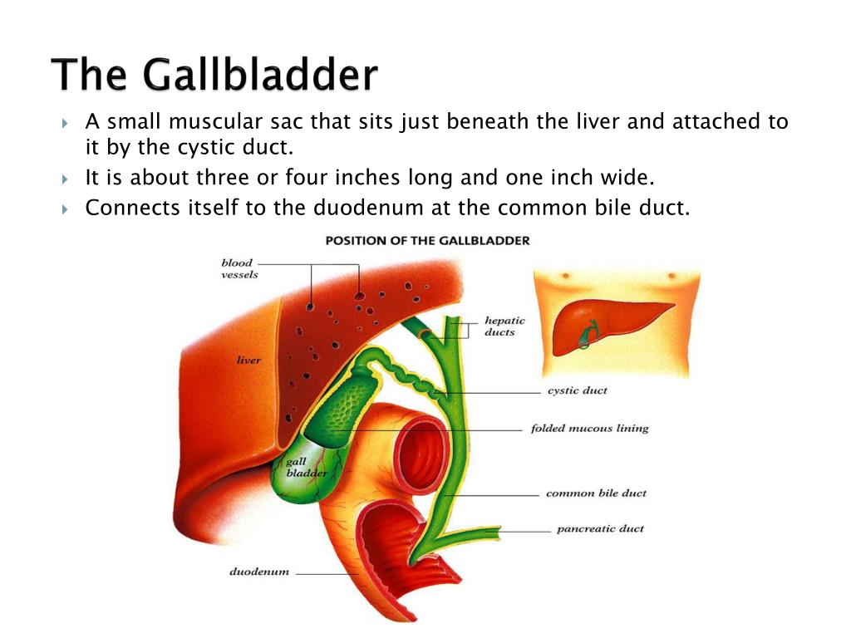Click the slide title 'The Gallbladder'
(214, 74)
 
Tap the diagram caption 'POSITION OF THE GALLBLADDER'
(427, 241)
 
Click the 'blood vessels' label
(239, 268)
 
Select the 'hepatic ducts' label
(504, 326)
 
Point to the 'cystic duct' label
(578, 390)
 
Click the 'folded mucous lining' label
(589, 428)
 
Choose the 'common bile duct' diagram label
(596, 493)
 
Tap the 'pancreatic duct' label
(600, 528)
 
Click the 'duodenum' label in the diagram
(259, 572)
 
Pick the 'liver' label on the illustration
(248, 360)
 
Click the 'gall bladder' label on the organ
(307, 467)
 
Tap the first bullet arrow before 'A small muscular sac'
(65, 123)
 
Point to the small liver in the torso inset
(608, 326)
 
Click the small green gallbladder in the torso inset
(588, 335)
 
